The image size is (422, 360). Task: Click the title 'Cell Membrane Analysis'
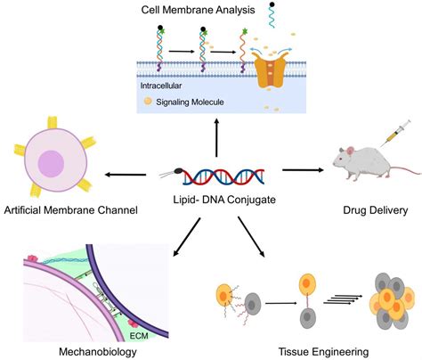pyautogui.click(x=210, y=10)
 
